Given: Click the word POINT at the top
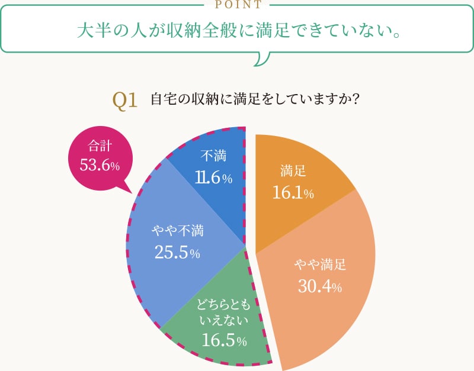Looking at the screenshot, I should coord(237,5).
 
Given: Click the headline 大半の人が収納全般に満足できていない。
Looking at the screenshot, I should coord(237,30).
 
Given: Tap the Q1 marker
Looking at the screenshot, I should coord(125,99).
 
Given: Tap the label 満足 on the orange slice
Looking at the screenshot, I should coord(293,171).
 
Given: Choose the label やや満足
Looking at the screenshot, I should coord(320,265).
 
